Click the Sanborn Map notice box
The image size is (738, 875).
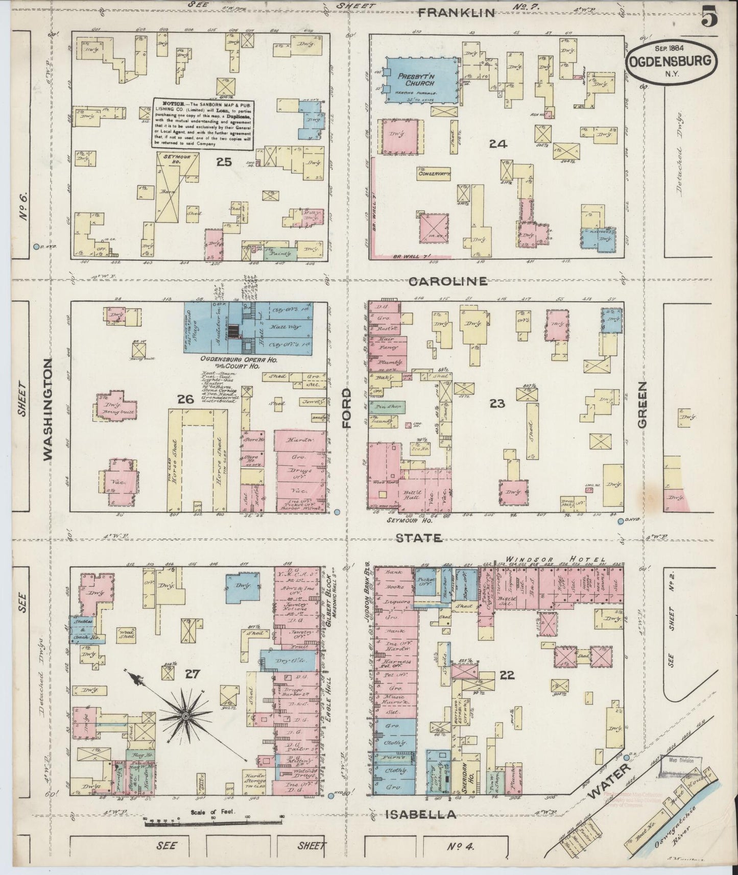[x=204, y=124]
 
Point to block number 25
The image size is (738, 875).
[x=224, y=162]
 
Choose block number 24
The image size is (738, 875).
[x=497, y=144]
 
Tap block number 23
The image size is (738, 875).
[x=497, y=404]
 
